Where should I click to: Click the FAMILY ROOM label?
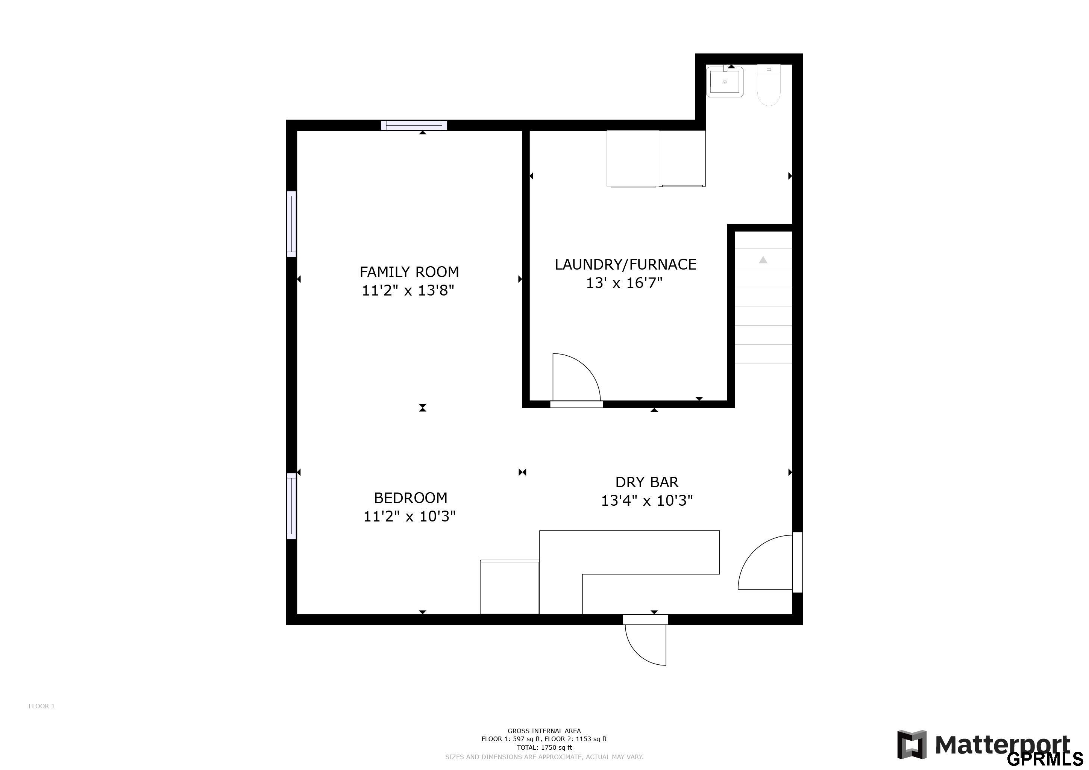[409, 272]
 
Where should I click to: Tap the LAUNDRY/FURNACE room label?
[625, 265]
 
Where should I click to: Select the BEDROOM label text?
[410, 498]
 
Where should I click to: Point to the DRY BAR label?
[646, 482]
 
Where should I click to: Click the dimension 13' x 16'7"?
[624, 283]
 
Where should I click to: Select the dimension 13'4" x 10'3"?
[646, 501]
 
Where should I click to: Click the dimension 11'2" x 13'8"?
[408, 291]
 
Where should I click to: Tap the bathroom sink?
[724, 82]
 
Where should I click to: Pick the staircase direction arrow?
[763, 260]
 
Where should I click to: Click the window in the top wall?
[414, 125]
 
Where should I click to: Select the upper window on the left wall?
[291, 224]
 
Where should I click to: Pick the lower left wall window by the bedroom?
[291, 506]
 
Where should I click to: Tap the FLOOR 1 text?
[42, 706]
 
